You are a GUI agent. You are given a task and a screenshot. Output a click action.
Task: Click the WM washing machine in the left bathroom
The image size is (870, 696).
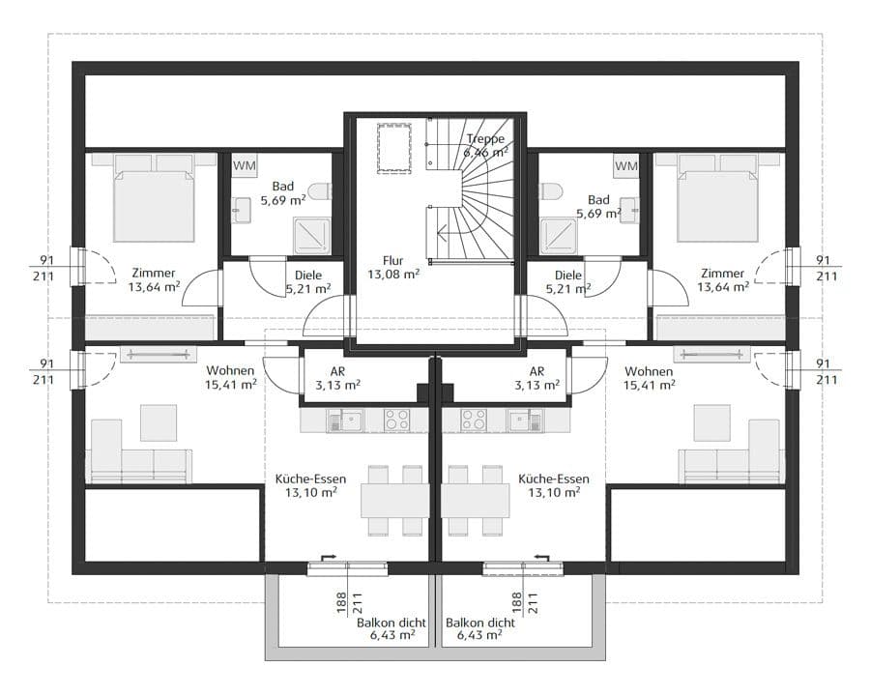point(245,165)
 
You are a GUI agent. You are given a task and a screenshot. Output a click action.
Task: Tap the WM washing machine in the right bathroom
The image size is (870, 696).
point(626,165)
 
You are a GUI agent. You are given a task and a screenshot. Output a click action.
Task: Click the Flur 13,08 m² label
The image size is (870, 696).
point(392,267)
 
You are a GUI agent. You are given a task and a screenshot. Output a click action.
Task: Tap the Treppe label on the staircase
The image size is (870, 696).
point(486,138)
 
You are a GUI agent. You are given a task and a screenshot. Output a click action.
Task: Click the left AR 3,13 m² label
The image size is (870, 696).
point(337,378)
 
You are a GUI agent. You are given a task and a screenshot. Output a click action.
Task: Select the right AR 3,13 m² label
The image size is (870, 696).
point(536,378)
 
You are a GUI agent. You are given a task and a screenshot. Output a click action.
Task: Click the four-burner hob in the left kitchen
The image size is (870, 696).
point(396,420)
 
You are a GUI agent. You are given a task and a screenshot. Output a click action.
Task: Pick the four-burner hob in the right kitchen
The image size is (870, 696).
point(474,420)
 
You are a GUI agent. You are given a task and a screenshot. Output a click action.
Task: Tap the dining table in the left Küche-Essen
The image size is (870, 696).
point(395,501)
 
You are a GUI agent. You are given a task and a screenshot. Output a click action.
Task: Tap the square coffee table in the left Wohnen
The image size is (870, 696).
point(159,423)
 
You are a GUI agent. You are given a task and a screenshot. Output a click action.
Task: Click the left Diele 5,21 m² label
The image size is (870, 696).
point(308,282)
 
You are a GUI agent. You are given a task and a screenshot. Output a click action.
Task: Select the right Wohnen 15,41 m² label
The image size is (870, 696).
point(649,378)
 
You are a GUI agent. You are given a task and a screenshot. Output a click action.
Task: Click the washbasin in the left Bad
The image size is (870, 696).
point(241,210)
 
